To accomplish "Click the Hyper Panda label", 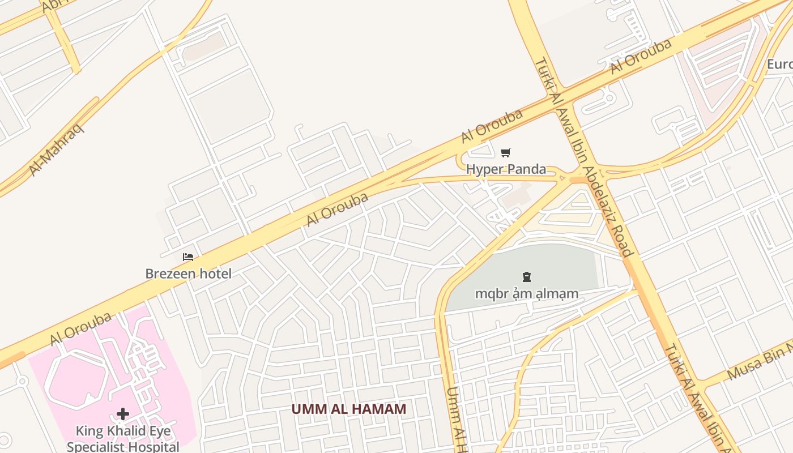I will coord(506,169).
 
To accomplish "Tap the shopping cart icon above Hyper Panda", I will coord(506,152).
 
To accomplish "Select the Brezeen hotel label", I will coord(188,274).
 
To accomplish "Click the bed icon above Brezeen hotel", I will coord(188,257).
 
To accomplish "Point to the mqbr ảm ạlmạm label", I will coord(526,293).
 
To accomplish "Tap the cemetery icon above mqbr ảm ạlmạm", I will coord(527,277).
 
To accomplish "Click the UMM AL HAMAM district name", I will coord(348,409).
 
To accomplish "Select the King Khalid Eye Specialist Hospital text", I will coord(123,438).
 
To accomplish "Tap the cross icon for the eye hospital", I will coord(123,414).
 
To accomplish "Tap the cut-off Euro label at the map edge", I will coord(779,64).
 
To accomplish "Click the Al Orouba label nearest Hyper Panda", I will coord(491,126).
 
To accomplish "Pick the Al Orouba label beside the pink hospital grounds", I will coord(80,329).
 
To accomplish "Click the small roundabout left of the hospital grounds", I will coord(22,381).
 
